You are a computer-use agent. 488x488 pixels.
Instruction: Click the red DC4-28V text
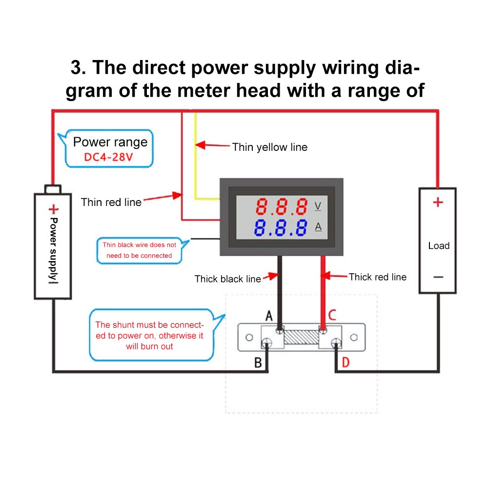(108, 157)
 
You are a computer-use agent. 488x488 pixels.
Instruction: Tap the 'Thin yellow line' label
(269, 147)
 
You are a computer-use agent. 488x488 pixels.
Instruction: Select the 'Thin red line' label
(111, 203)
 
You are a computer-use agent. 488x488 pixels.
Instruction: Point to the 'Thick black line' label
(227, 279)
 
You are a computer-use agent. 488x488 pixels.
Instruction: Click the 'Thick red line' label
(377, 277)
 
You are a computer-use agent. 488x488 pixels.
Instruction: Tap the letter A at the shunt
(269, 316)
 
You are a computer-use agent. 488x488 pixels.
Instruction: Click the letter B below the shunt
(258, 363)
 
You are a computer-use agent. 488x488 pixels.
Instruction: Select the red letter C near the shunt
(332, 315)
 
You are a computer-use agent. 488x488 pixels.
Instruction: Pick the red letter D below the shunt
(346, 362)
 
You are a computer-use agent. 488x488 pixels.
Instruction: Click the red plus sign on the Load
(438, 203)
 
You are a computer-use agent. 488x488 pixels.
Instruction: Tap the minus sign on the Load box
(438, 277)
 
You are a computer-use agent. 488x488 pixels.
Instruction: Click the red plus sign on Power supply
(54, 209)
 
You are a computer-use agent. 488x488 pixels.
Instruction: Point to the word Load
(439, 246)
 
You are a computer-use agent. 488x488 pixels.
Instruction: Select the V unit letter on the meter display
(318, 206)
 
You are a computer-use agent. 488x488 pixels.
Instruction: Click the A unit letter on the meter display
(318, 227)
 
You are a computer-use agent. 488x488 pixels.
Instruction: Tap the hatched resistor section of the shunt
(301, 337)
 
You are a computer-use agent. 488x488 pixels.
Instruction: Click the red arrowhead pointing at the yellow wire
(201, 145)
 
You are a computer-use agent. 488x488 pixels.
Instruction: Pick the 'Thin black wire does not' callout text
(140, 245)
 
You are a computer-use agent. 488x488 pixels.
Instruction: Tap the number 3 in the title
(76, 67)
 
